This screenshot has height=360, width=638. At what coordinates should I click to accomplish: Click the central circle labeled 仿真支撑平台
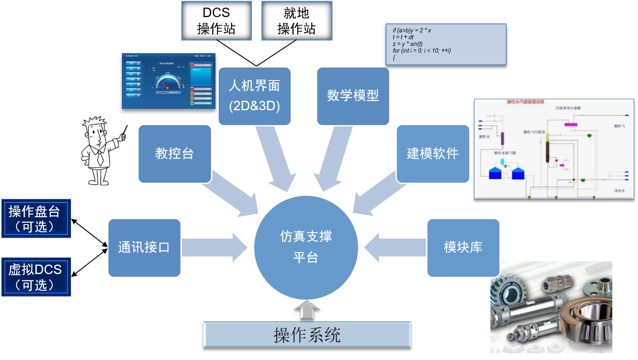[x=306, y=247]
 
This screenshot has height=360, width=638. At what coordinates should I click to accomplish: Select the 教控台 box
[x=175, y=153]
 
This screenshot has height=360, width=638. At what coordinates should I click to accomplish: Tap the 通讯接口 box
[x=144, y=247]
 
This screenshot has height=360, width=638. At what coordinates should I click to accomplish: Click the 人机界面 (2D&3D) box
[x=254, y=96]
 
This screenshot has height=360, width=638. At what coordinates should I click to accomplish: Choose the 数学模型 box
[x=353, y=96]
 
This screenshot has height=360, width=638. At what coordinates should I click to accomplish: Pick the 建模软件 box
[x=432, y=153]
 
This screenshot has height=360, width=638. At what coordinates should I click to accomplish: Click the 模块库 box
[x=463, y=247]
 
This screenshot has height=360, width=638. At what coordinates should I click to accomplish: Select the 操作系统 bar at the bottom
[x=307, y=334]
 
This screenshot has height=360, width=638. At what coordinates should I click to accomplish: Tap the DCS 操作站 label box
[x=216, y=21]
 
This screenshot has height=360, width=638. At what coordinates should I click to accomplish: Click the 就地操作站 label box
[x=297, y=21]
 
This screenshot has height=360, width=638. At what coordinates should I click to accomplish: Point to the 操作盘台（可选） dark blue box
[x=36, y=218]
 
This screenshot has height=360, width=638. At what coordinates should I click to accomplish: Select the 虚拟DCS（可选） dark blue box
[x=36, y=277]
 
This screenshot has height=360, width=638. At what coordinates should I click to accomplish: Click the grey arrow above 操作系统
[x=307, y=310]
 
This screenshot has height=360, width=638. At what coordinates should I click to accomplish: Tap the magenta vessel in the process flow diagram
[x=571, y=124]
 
